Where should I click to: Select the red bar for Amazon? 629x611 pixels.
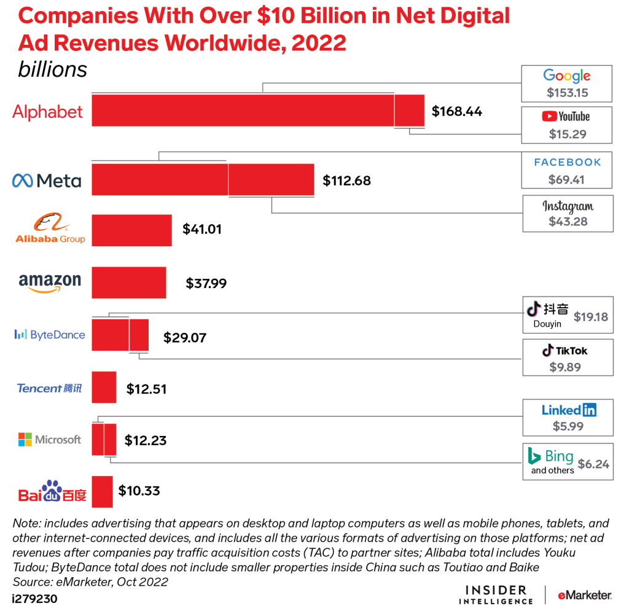click(129, 282)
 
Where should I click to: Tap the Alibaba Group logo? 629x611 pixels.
click(50, 229)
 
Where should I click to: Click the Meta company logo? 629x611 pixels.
click(47, 181)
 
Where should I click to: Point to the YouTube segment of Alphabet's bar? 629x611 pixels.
click(409, 111)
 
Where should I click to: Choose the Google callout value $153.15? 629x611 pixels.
click(567, 93)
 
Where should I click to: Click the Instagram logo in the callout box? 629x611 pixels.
click(568, 206)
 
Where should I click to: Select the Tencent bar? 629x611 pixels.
click(104, 387)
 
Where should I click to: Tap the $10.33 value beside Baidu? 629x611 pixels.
click(139, 491)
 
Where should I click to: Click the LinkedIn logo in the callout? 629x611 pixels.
click(568, 410)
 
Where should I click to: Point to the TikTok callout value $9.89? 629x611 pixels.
click(567, 367)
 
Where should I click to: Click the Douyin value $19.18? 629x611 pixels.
click(590, 317)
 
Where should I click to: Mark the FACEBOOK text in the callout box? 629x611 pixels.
click(567, 162)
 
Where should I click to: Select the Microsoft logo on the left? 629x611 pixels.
click(49, 440)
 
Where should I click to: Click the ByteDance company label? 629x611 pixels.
click(50, 335)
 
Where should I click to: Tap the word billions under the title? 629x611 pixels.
click(53, 69)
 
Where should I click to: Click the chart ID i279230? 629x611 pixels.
click(35, 597)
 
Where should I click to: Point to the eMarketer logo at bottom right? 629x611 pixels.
click(584, 595)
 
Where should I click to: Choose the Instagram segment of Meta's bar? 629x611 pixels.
click(271, 181)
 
